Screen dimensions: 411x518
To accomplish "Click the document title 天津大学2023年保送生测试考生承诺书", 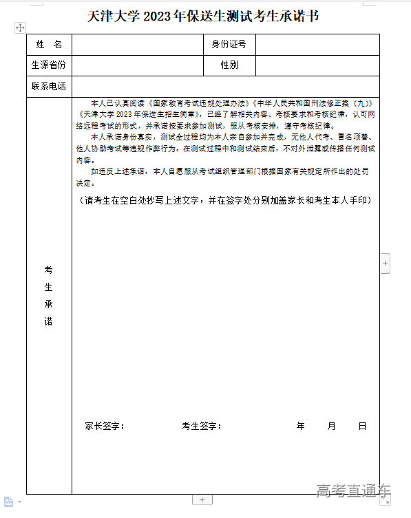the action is tap(204, 16).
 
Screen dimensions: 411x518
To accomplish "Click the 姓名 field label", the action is tap(49, 45).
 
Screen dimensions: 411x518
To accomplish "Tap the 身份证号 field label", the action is tap(229, 45).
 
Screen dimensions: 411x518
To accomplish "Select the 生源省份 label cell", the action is tap(49, 65).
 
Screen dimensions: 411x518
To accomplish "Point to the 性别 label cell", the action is tap(229, 65).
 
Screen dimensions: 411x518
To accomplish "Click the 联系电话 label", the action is tap(49, 87).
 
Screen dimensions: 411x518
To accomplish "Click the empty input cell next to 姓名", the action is tap(137, 45).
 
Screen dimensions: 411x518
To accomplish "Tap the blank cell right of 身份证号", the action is tap(317, 45).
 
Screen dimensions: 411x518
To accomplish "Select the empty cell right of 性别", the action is tap(317, 65).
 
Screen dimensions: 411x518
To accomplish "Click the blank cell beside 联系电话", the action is tap(225, 87).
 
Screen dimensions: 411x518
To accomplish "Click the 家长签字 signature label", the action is tap(104, 427).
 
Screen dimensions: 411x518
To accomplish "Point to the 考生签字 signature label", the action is tap(201, 427).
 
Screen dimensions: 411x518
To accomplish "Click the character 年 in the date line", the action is tap(300, 427).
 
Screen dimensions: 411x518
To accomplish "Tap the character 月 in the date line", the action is tap(331, 427).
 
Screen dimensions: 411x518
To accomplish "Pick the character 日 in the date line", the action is tap(362, 427).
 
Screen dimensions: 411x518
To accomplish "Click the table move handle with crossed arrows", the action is tap(20, 28).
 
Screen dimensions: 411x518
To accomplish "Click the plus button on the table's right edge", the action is tap(386, 263).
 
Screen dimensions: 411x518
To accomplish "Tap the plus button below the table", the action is tap(202, 499).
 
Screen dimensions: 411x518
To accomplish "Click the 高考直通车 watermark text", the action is tap(353, 490).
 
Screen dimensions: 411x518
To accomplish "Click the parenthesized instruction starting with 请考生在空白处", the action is tap(224, 200).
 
